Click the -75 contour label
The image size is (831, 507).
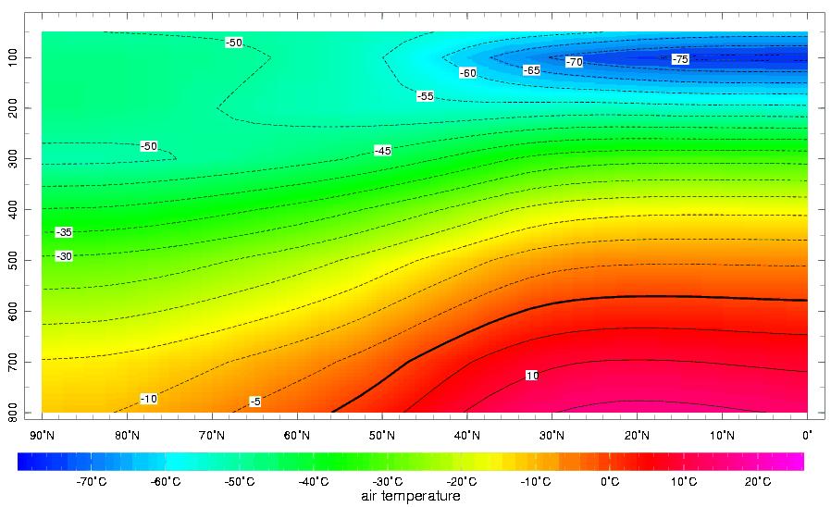[x=680, y=59]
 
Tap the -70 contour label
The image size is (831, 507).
[x=575, y=62]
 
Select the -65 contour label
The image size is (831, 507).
[x=531, y=70]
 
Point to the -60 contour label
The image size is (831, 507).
[x=468, y=73]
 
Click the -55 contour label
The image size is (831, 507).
[x=425, y=96]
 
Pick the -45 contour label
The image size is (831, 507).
[x=383, y=150]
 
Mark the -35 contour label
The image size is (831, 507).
[x=64, y=232]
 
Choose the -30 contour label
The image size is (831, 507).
[x=64, y=256]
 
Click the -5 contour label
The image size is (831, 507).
[x=255, y=402]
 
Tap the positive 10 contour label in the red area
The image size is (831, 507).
[x=532, y=376]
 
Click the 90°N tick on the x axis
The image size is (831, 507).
[x=42, y=435]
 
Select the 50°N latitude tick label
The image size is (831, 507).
[x=382, y=435]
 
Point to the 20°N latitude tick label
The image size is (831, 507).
[x=637, y=435]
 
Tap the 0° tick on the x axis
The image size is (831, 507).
[x=807, y=435]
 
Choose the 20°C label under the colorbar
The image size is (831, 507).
[x=758, y=481]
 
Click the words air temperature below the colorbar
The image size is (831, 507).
[x=410, y=497]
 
